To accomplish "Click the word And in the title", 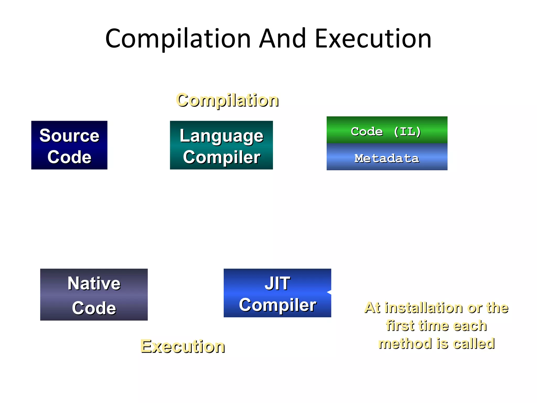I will coord(282,39).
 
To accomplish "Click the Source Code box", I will coord(69,145).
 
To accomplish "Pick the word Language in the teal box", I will coord(221,136).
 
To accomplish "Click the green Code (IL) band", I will coord(387,131).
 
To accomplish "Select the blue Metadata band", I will coord(387,158).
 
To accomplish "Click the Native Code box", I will coord(94,294).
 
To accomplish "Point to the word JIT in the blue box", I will coord(277,283).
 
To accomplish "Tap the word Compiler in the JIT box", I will coord(277,305).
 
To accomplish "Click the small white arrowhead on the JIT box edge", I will coord(329,292).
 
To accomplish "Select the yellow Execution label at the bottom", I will coord(182,346).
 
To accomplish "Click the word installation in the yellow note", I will coord(424,307).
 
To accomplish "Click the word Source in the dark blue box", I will coord(69,136).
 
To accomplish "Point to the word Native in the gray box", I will coord(94,283).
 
